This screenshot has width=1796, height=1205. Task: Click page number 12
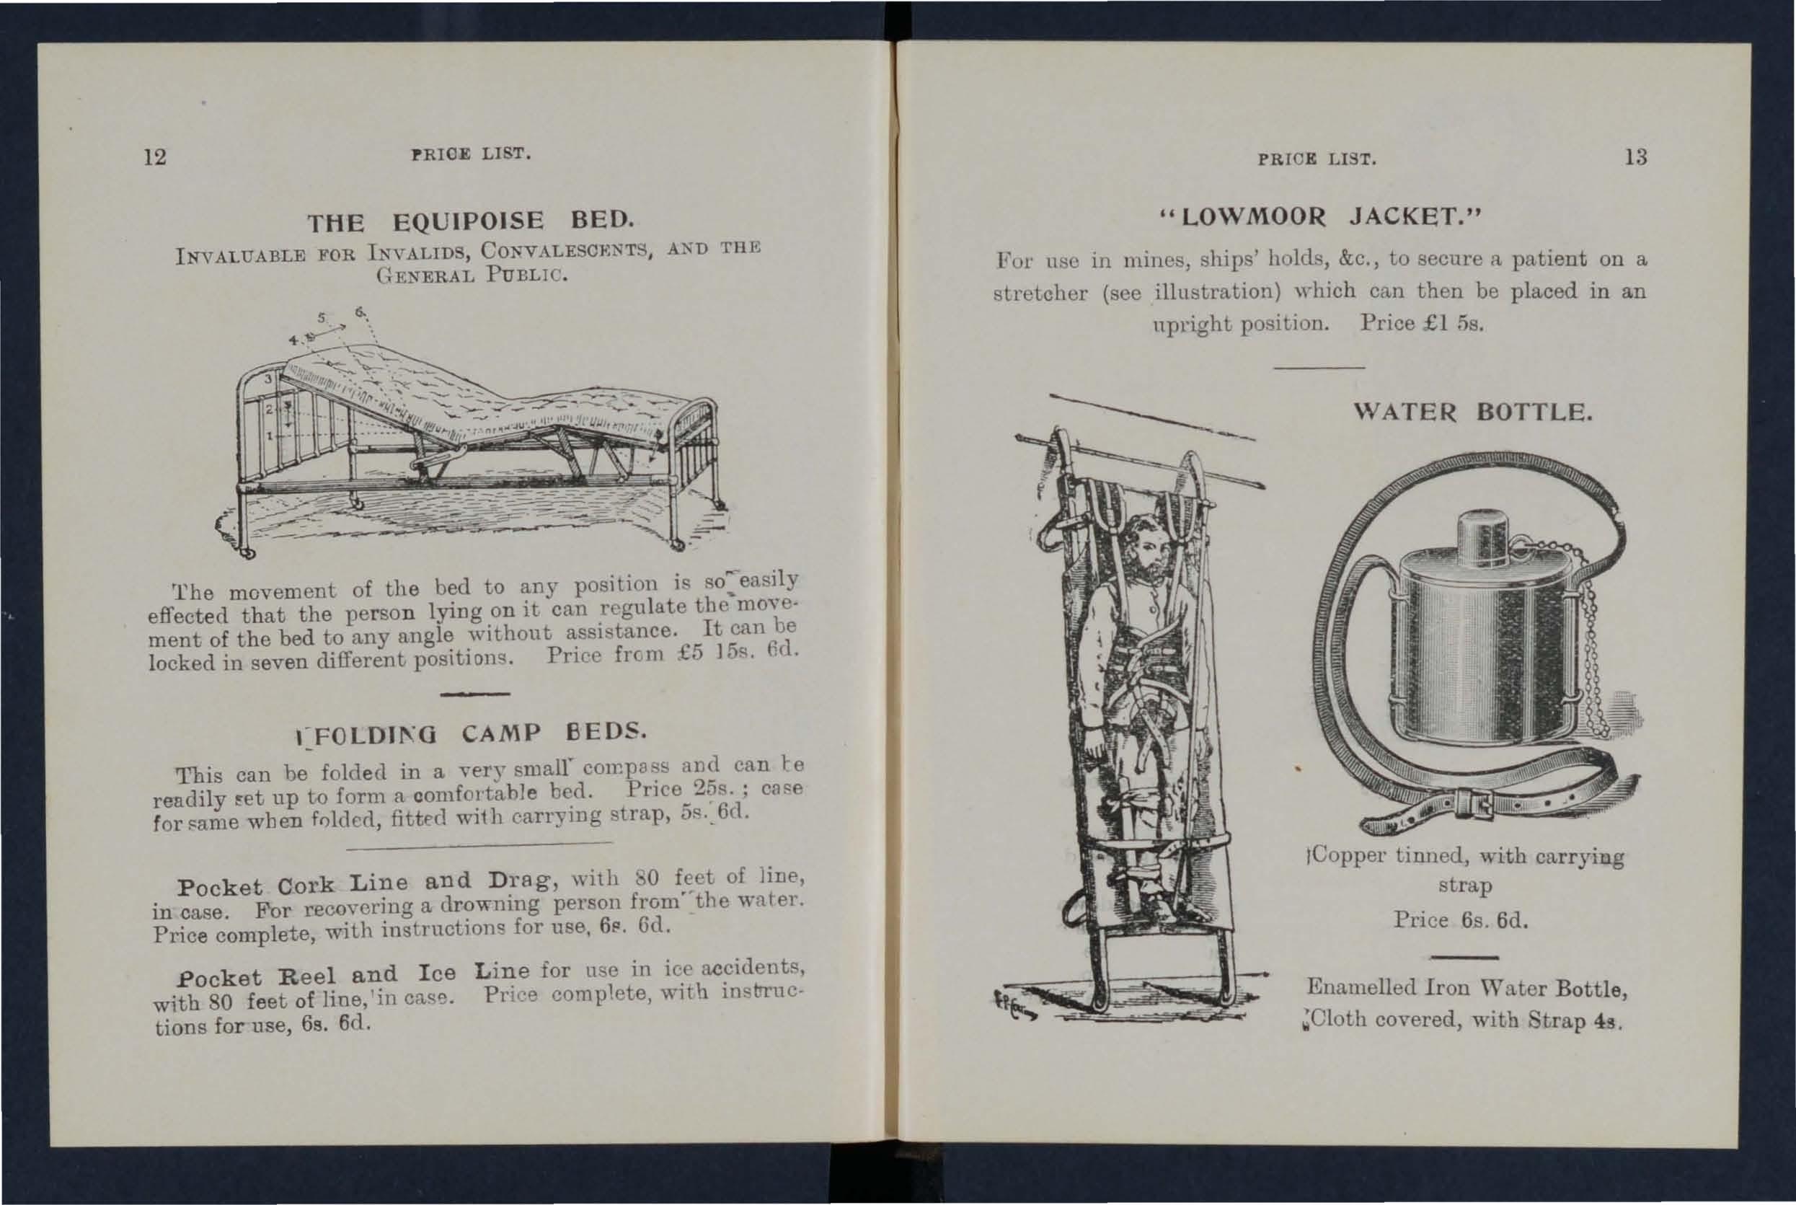coord(155,156)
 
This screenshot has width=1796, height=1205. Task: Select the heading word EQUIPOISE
coord(468,221)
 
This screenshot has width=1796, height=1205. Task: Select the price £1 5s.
coord(1444,324)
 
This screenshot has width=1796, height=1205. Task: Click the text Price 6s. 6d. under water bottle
coord(1460,920)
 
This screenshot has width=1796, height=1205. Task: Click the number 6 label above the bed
coord(359,312)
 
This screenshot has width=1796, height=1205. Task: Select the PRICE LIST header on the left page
coord(471,154)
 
